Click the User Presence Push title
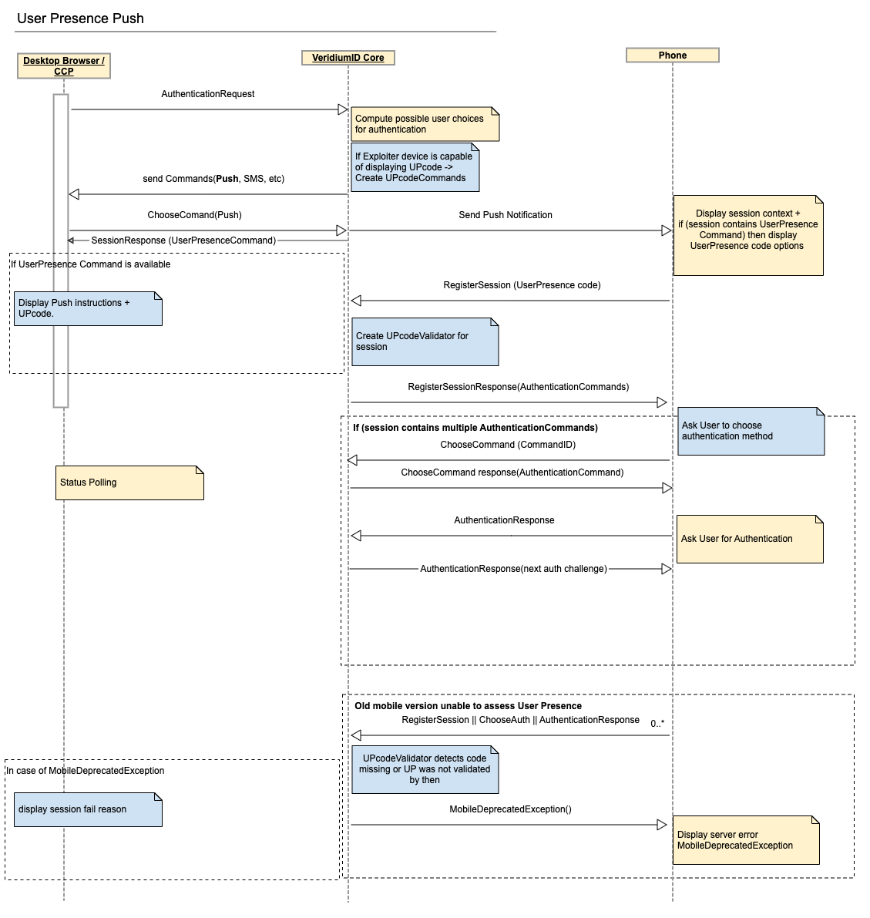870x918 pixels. click(x=80, y=18)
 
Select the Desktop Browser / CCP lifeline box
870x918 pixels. click(x=64, y=66)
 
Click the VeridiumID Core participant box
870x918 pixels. click(x=348, y=58)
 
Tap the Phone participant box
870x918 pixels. click(x=672, y=55)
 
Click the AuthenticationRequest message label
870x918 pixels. click(x=207, y=94)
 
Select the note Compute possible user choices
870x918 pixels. click(x=425, y=124)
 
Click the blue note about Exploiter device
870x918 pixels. click(x=415, y=167)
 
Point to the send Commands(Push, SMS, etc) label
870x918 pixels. click(x=213, y=179)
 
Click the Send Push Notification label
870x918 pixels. click(x=505, y=215)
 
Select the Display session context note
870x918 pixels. click(x=747, y=235)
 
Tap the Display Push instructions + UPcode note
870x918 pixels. click(x=88, y=308)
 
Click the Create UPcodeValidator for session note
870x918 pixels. click(x=425, y=341)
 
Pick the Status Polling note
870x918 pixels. click(x=129, y=483)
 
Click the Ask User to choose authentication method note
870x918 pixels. click(x=751, y=431)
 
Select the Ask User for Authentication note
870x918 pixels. click(x=750, y=539)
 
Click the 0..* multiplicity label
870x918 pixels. click(x=657, y=724)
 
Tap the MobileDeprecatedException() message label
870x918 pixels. click(x=510, y=809)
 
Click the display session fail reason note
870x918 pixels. click(x=88, y=809)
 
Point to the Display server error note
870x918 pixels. click(x=745, y=840)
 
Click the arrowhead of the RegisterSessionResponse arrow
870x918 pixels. click(x=662, y=402)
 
